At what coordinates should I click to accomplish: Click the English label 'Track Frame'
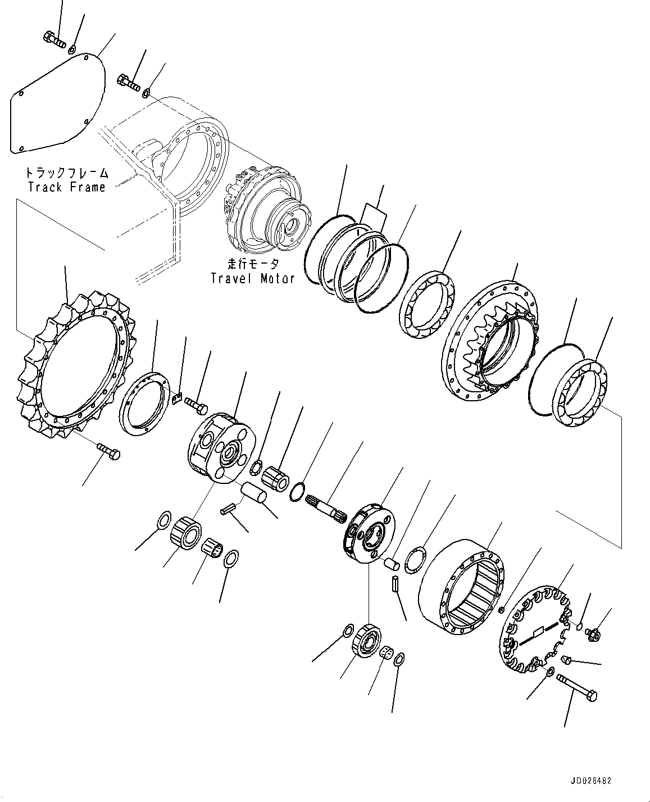(x=67, y=187)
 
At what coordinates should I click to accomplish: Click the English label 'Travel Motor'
(x=252, y=278)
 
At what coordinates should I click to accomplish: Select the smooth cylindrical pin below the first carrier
(x=254, y=493)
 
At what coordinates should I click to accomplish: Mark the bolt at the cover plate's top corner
(x=54, y=39)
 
